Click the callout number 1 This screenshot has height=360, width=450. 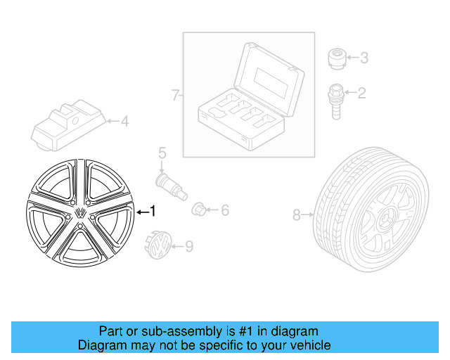click(x=154, y=211)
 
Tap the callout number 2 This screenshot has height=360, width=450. click(x=362, y=92)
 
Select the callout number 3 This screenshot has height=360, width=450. click(x=364, y=57)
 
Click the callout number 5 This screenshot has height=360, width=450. click(x=162, y=152)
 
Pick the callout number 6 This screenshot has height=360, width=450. click(x=225, y=210)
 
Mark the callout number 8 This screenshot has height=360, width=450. click(x=296, y=214)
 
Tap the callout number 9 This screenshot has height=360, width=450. click(x=188, y=246)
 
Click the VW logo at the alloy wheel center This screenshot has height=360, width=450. click(x=82, y=212)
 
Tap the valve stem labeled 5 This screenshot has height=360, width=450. click(x=169, y=186)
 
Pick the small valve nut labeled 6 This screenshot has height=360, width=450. click(x=200, y=209)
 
